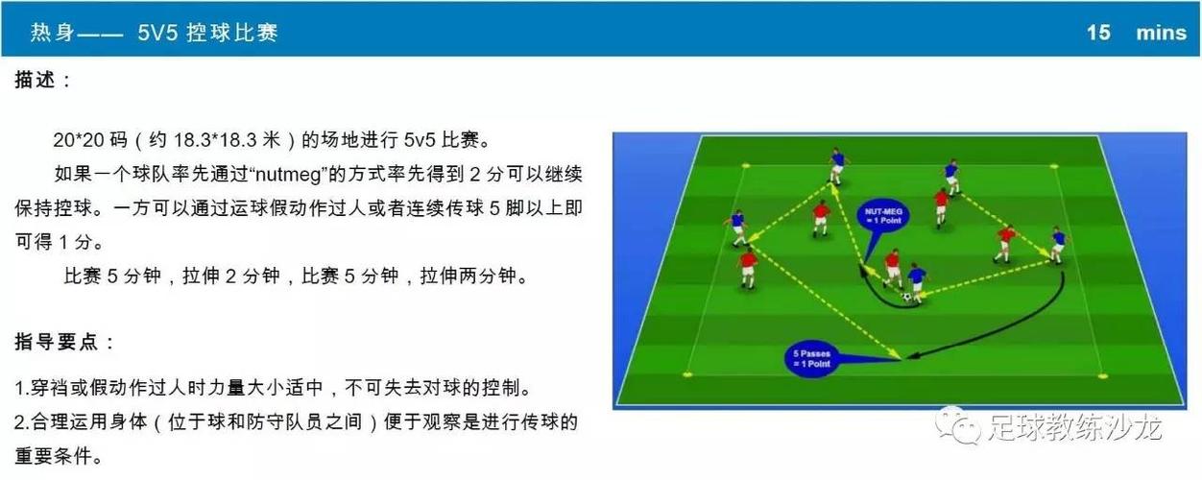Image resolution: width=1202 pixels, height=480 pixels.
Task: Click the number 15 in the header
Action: (x=1098, y=33)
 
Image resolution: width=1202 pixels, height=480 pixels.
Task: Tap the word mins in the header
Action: (x=1162, y=33)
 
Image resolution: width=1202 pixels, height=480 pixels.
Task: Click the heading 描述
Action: (x=35, y=80)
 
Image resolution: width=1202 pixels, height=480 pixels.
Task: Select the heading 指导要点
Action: (x=56, y=341)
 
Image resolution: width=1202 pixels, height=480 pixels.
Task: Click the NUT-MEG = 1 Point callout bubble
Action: (x=882, y=216)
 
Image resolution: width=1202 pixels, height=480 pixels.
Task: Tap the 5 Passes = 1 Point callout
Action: (x=811, y=359)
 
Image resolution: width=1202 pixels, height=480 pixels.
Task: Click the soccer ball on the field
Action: (x=906, y=297)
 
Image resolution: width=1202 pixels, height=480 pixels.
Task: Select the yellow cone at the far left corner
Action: (x=745, y=166)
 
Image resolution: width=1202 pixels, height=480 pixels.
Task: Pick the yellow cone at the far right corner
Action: (x=1054, y=167)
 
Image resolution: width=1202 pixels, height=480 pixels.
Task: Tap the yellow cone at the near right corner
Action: (x=1102, y=376)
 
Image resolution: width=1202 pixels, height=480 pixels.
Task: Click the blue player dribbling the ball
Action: (x=917, y=282)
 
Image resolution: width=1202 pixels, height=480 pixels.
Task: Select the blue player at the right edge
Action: (x=1058, y=245)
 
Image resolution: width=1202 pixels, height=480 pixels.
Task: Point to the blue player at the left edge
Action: (x=738, y=228)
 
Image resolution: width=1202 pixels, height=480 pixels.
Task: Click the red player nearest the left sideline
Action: (x=748, y=270)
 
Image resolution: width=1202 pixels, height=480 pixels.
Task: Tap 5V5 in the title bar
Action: (x=157, y=33)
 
